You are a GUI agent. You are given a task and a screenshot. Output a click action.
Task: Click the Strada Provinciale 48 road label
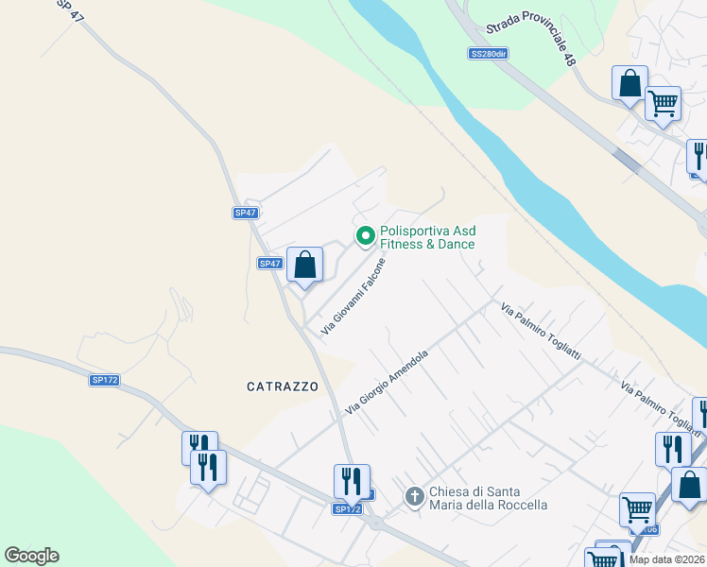coord(530,44)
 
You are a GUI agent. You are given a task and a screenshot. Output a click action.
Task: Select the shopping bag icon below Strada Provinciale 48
coord(629,83)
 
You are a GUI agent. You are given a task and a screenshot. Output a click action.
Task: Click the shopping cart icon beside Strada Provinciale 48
coord(663,102)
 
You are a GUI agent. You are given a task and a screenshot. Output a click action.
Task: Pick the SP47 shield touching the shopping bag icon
coord(270,264)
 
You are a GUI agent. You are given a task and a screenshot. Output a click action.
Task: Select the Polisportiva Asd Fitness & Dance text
coord(427,237)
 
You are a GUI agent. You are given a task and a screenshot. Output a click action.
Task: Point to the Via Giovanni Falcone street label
coord(354,297)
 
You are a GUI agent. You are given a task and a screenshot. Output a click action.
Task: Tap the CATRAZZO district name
coord(283,387)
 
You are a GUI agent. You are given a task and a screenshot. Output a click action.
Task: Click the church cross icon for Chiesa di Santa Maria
coord(414,495)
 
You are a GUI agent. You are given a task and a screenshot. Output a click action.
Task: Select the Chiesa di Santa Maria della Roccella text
coord(488,498)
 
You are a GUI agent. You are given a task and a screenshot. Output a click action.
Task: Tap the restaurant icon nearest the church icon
coord(351,482)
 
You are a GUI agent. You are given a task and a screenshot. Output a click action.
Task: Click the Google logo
coord(31,556)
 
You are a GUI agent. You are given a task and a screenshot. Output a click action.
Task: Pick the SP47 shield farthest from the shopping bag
coord(246,213)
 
